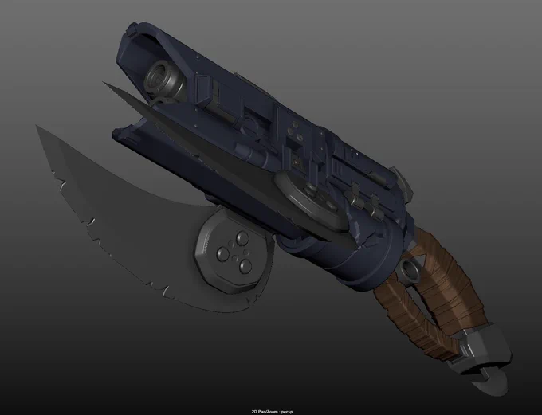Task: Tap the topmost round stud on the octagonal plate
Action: click(x=241, y=237)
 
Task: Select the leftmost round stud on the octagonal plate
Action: click(x=222, y=254)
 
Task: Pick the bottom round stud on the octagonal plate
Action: click(x=245, y=265)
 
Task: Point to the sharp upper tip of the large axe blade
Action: click(x=37, y=126)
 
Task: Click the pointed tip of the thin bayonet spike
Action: click(x=104, y=83)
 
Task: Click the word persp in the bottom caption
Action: click(x=287, y=412)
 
